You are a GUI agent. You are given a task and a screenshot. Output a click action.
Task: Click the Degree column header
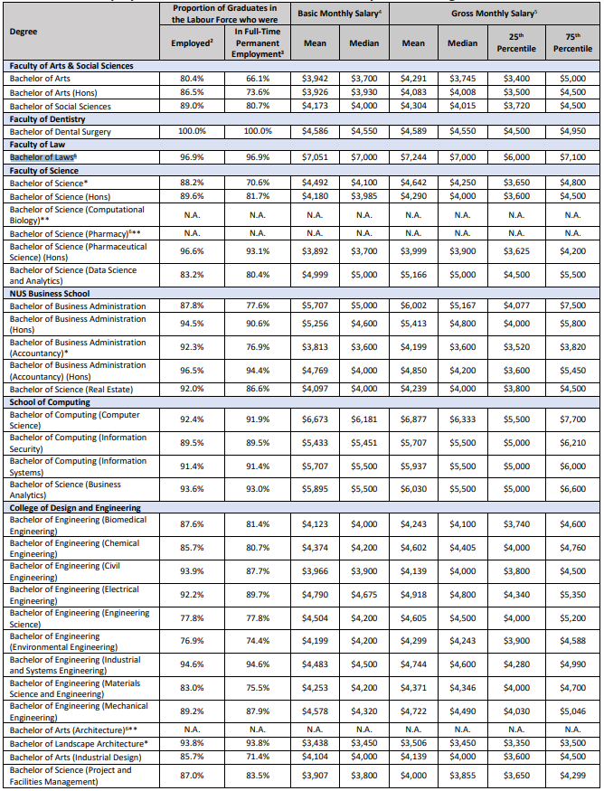(x=24, y=31)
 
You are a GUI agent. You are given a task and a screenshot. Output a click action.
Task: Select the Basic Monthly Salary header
(x=339, y=14)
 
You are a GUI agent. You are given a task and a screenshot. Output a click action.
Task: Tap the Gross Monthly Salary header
(x=494, y=14)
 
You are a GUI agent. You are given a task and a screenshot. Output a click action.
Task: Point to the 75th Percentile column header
(x=572, y=42)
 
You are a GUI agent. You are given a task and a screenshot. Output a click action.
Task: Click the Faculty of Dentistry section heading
(x=50, y=118)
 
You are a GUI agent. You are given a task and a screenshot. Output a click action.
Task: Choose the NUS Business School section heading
(x=50, y=293)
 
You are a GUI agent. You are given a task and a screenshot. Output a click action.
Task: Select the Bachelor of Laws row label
(x=42, y=157)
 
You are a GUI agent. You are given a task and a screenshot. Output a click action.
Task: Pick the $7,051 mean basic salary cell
(x=316, y=157)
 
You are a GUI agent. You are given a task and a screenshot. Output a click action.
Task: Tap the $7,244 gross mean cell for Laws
(x=413, y=157)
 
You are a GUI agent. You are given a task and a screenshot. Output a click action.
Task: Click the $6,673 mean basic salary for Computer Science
(x=316, y=419)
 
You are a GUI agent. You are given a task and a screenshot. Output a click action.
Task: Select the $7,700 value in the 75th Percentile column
(x=572, y=419)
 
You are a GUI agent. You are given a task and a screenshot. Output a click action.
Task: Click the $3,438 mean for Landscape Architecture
(x=316, y=743)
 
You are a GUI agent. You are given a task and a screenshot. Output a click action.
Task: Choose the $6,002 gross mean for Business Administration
(x=413, y=306)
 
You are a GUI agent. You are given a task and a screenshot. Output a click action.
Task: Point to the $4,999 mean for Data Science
(x=316, y=275)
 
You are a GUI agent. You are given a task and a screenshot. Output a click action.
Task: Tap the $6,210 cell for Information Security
(x=572, y=443)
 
